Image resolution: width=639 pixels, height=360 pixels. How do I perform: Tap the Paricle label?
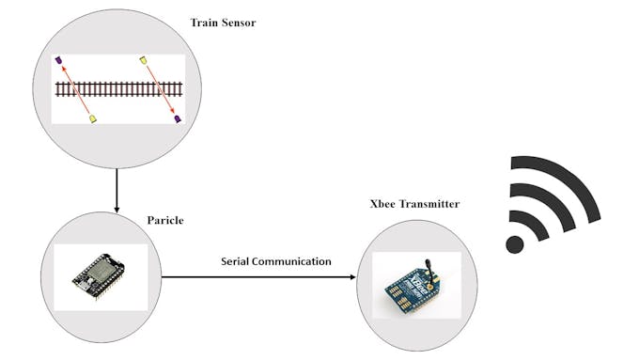click(x=165, y=220)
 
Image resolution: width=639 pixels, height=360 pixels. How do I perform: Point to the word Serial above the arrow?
click(x=238, y=260)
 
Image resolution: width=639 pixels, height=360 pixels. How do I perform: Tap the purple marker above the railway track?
click(x=58, y=62)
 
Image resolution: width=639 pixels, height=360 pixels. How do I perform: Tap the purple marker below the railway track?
click(x=177, y=118)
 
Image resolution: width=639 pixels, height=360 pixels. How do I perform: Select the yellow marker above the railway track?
click(x=144, y=61)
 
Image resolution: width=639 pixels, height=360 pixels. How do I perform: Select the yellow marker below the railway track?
click(x=92, y=118)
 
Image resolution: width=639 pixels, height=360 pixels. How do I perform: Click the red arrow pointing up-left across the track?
click(x=75, y=90)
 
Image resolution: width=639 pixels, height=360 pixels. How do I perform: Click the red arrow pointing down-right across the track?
click(x=161, y=90)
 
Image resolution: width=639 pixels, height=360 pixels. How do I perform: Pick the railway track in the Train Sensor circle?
click(x=117, y=89)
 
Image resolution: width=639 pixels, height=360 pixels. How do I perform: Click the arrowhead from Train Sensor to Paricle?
click(x=116, y=207)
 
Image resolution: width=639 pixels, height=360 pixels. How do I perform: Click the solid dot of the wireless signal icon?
click(x=514, y=244)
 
